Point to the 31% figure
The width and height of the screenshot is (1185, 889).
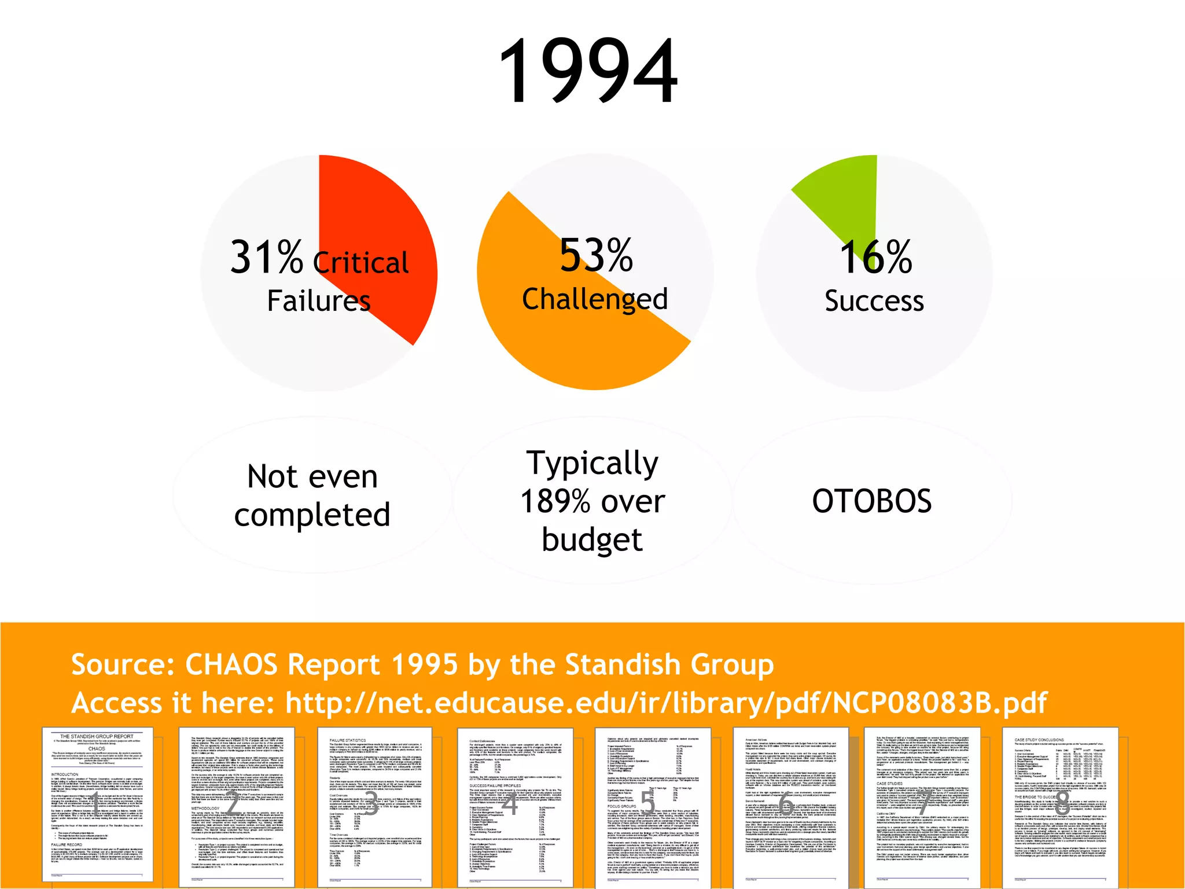(x=266, y=257)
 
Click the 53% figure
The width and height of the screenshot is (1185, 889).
(x=596, y=255)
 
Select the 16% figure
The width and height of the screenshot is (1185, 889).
(x=875, y=258)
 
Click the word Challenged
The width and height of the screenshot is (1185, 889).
(x=595, y=299)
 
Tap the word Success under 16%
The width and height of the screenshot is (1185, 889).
(x=874, y=301)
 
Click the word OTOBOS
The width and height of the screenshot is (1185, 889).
(x=872, y=501)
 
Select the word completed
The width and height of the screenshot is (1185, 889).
(x=312, y=515)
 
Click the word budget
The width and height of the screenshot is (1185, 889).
(x=592, y=539)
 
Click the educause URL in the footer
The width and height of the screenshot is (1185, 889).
(x=666, y=703)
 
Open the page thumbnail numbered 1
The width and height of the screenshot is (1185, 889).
(x=97, y=804)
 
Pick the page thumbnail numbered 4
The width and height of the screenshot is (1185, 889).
(x=514, y=806)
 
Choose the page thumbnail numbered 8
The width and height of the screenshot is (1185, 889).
(x=1060, y=804)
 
